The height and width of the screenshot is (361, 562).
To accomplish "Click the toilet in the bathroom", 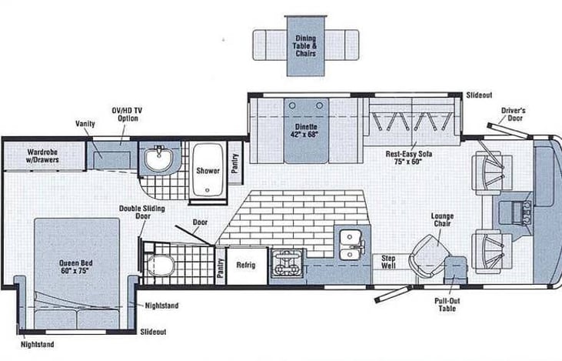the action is (161, 265).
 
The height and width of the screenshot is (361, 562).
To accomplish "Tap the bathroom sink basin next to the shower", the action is (159, 157).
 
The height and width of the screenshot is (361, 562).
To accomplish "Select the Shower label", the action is (208, 170).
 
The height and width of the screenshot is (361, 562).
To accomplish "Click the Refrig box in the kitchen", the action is (247, 266).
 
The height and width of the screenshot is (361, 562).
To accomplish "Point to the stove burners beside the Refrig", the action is (287, 264).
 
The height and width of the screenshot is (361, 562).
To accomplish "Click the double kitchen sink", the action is (351, 245).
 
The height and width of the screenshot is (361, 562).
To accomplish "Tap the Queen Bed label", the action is (76, 266).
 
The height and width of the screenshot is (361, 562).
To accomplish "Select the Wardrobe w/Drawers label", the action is (42, 156).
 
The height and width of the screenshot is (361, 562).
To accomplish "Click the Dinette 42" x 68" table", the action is (306, 131).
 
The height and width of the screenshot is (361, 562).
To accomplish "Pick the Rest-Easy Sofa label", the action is (408, 158).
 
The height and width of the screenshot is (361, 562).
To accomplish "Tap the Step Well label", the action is (388, 262).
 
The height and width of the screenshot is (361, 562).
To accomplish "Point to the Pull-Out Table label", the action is (447, 305).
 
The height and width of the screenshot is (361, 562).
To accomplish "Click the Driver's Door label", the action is (514, 114).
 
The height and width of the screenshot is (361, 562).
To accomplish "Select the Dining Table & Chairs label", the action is (306, 45).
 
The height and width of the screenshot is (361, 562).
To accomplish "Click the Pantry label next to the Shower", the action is (234, 163).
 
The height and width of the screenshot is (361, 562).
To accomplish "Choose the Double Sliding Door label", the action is (142, 212).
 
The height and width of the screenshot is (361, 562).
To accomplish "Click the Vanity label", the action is (85, 124).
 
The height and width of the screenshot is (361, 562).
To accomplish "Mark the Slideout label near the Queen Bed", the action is (154, 332).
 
